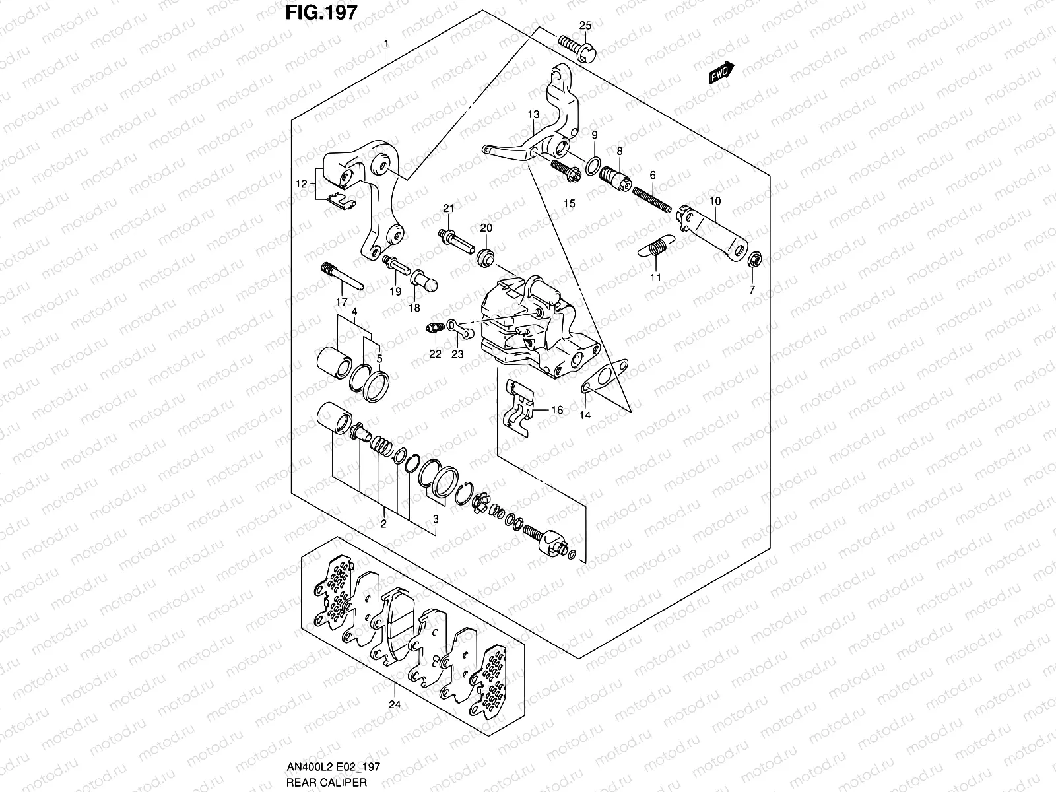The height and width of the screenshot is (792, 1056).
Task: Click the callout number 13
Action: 533,115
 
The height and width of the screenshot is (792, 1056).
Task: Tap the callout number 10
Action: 715,200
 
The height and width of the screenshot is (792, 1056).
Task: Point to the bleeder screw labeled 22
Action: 434,327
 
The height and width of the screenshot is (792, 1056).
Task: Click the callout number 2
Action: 383,525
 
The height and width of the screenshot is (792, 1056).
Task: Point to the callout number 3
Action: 435,519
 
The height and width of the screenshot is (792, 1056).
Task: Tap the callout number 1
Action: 387,44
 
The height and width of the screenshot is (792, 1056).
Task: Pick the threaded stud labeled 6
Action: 651,198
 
